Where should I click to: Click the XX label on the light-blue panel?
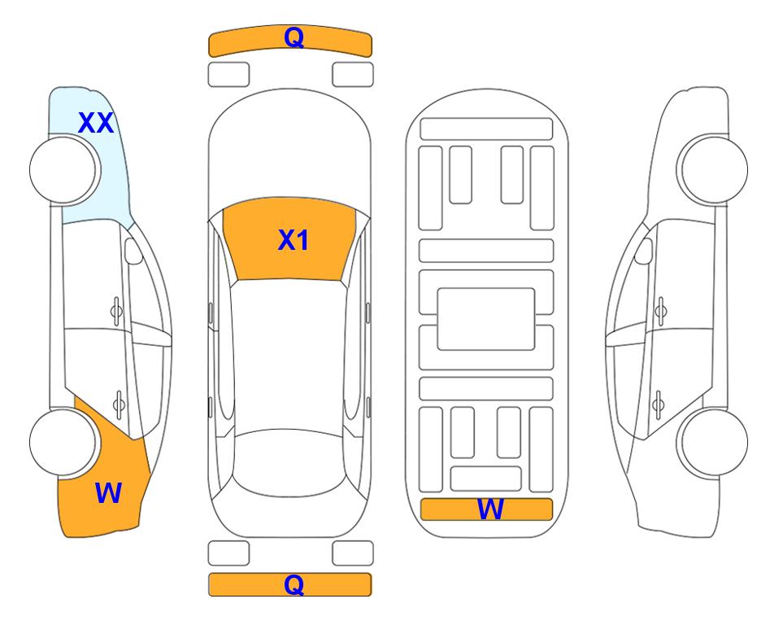pos(96,123)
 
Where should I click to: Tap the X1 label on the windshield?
pos(294,240)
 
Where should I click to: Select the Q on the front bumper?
pos(294,37)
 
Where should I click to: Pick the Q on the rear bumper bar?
pos(294,584)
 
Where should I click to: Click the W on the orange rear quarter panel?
pos(108,493)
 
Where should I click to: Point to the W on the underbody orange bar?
pos(489,509)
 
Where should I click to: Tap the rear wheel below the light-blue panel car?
pos(63,442)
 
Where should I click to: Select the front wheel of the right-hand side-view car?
pos(712,169)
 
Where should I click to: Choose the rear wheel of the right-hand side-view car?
pos(712,442)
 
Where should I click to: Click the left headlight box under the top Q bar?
pos(228,75)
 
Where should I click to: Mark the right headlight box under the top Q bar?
pos(353,75)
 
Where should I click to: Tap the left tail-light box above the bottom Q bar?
pos(228,553)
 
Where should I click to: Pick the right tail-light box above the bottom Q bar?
pos(353,553)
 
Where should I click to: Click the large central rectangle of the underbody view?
pos(486,319)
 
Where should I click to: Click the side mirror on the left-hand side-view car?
pos(133,251)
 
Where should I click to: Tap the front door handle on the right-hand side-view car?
pos(660,311)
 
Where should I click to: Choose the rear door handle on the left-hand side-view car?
pos(119,404)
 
